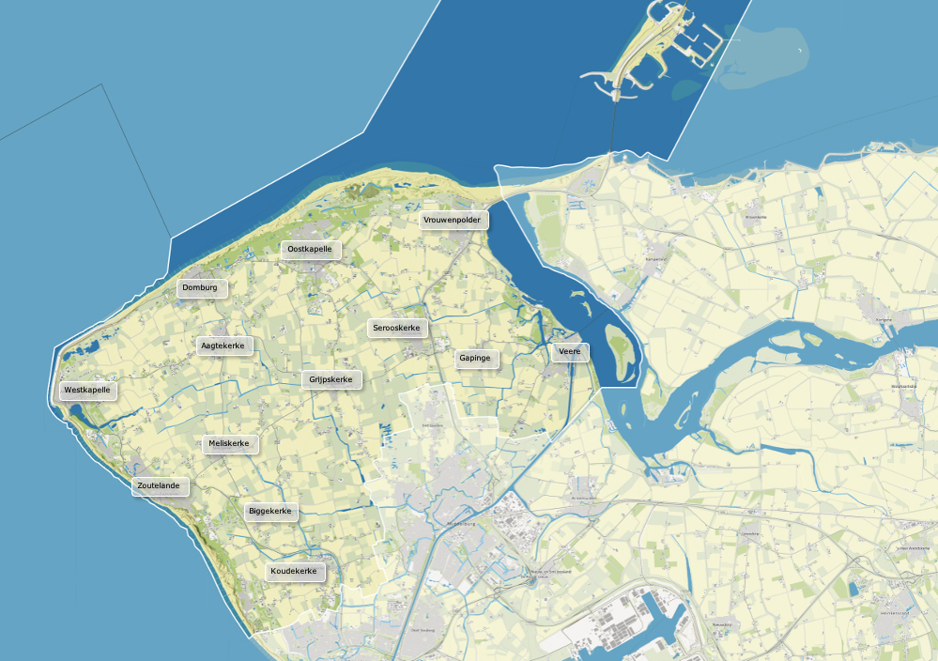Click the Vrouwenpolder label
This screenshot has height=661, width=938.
(x=454, y=220)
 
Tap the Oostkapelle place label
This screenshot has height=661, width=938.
(x=310, y=249)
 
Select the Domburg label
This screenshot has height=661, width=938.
(x=201, y=287)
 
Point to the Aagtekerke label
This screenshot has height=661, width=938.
(x=223, y=346)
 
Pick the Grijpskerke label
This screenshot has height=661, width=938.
(x=331, y=379)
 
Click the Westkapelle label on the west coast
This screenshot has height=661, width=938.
(x=87, y=390)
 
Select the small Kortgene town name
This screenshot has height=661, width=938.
(x=884, y=319)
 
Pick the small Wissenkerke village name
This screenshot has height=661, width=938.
(x=756, y=217)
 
